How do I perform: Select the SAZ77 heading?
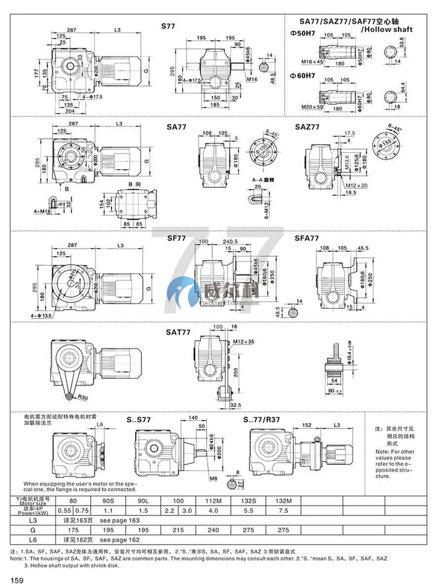(307, 126)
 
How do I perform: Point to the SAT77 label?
(179, 331)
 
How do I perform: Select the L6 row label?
(32, 538)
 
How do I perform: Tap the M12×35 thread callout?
(243, 342)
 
